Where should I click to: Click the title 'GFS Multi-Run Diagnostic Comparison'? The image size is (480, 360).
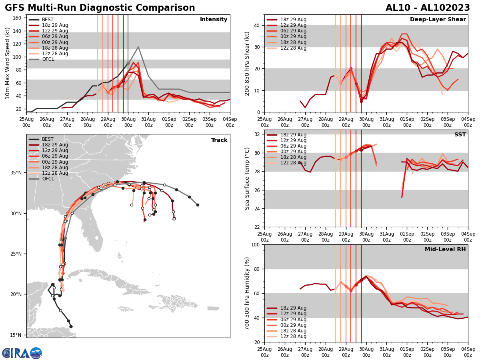coord(100,8)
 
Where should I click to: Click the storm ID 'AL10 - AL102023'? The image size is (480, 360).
coord(428,8)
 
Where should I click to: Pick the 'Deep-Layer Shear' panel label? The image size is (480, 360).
coord(438,20)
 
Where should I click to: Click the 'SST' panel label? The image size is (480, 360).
coord(460,135)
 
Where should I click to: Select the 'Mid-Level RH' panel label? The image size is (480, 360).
coord(445,250)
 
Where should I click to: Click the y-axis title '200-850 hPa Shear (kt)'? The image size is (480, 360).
coord(247,63)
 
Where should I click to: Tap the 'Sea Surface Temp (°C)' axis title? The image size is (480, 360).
coord(247,178)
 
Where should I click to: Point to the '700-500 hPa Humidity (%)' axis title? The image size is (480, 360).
coord(247,293)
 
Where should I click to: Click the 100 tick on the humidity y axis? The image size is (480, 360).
coord(256,244)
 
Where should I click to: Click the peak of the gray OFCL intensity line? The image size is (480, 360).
coord(138,47)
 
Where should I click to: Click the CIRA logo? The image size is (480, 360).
coord(22,353)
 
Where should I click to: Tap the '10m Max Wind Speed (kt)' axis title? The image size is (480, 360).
coord(8,63)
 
